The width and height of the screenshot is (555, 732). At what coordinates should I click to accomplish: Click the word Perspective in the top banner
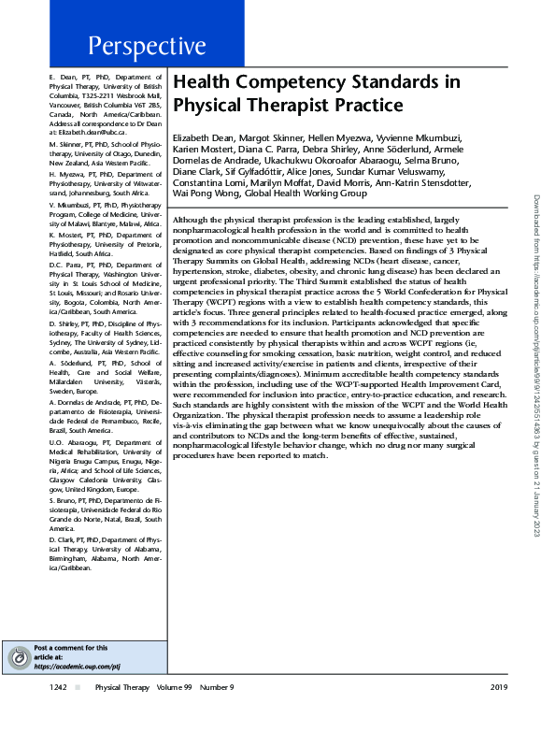(148, 46)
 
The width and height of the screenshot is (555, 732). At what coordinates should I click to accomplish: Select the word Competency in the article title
(275, 81)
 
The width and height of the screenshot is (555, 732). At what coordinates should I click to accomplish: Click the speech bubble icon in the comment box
(16, 658)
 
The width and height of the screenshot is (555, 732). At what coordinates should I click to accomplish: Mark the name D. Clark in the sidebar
(60, 538)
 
